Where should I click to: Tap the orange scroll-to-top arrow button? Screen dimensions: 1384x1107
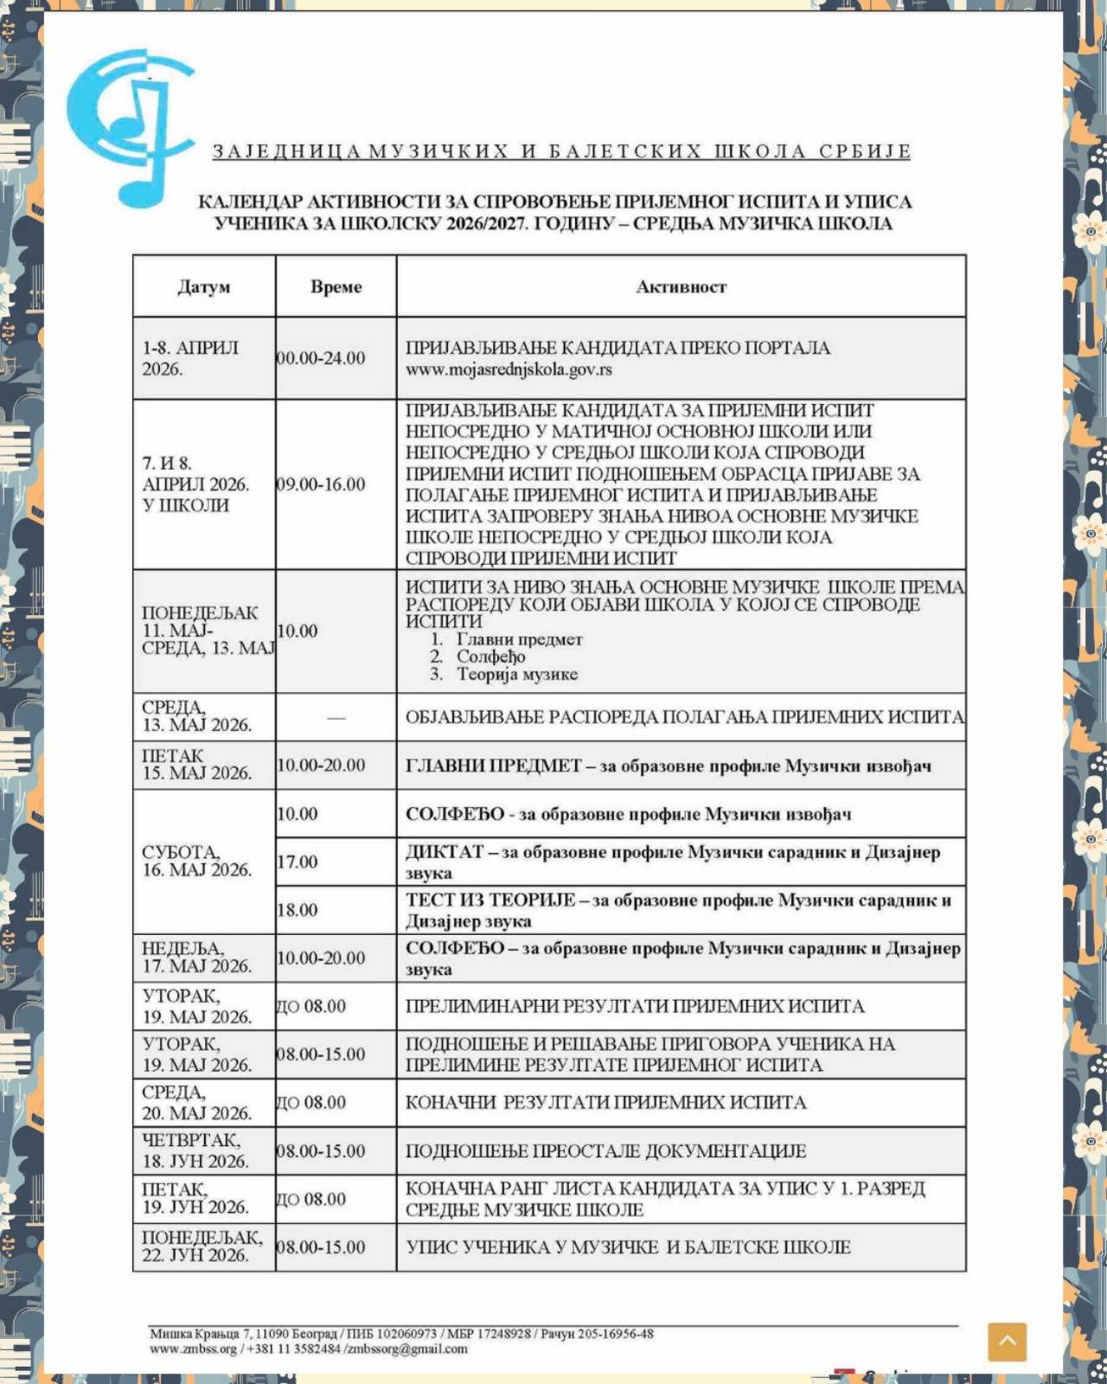coord(1007,1342)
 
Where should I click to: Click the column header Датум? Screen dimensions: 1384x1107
coord(204,287)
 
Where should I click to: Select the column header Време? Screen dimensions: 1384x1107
coord(336,287)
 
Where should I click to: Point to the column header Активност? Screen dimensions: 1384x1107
coord(681,287)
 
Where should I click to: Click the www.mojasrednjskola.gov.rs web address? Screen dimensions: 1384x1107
coord(509,369)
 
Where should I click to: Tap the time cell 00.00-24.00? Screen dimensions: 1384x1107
coord(321,358)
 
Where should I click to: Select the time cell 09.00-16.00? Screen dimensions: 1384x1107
coord(321,484)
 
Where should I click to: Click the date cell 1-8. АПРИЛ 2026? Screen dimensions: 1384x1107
coord(190,358)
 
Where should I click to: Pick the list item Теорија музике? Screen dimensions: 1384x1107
coord(516,675)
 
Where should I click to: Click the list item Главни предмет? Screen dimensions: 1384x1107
coord(519,640)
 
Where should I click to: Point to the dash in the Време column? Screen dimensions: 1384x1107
coord(336,718)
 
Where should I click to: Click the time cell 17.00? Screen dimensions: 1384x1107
coord(298,862)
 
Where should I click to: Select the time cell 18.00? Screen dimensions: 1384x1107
coord(298,910)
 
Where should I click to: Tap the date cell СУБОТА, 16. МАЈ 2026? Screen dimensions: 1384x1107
coord(196,862)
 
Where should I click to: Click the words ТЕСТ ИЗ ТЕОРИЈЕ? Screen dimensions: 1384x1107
coord(490,900)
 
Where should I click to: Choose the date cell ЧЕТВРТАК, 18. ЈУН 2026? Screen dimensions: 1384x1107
coord(195,1150)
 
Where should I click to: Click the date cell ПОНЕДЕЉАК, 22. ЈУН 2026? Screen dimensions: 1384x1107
coord(202,1246)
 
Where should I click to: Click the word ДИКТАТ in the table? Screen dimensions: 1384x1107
coord(445,852)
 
